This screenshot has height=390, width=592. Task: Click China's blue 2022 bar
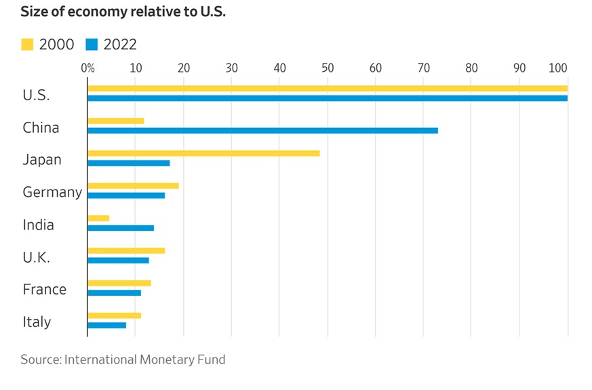click(262, 131)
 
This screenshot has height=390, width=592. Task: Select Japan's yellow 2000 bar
click(203, 153)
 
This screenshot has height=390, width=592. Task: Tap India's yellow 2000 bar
click(98, 218)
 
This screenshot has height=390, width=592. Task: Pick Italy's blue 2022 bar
click(107, 325)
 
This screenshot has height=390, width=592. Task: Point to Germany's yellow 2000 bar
click(133, 186)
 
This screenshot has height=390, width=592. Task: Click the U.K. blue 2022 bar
click(118, 260)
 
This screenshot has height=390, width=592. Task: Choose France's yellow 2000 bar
click(119, 283)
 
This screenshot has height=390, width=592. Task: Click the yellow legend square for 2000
click(27, 45)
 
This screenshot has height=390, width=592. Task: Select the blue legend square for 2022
click(92, 45)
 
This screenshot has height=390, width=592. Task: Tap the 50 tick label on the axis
click(328, 68)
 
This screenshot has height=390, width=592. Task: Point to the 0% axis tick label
click(87, 68)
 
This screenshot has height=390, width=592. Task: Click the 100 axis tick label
click(559, 68)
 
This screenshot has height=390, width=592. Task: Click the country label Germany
click(52, 192)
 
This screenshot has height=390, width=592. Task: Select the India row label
click(38, 225)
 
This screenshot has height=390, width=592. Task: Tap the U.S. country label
click(36, 95)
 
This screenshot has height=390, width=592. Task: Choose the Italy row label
click(37, 322)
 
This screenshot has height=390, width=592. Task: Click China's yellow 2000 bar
click(115, 121)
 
